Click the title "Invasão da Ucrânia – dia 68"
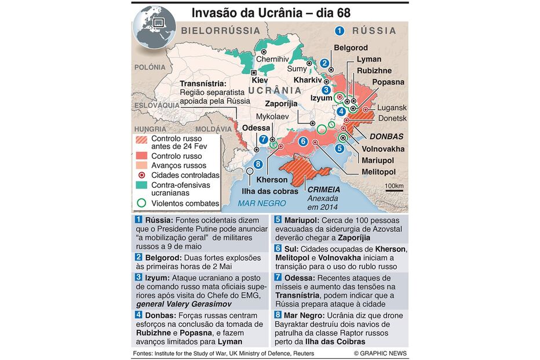(271, 12)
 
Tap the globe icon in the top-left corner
(152, 25)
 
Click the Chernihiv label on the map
(272, 59)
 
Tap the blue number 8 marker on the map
(258, 164)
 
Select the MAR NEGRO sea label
(262, 203)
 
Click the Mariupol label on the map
(378, 160)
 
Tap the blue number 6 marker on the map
(303, 141)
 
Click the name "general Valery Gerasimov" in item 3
(184, 304)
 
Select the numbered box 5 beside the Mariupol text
(278, 220)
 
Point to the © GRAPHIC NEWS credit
(380, 353)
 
